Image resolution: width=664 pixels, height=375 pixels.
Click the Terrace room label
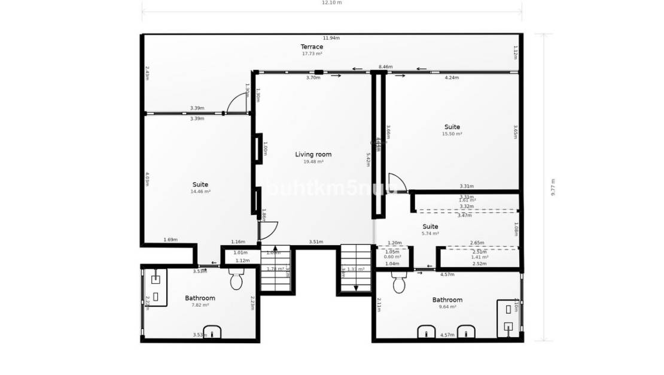(x=312, y=47)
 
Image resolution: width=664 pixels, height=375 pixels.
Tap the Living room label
(x=313, y=155)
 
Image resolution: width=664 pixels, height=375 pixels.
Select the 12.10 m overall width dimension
(x=331, y=2)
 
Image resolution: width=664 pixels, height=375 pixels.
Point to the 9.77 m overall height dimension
(x=553, y=187)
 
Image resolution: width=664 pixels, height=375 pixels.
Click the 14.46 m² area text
(x=200, y=192)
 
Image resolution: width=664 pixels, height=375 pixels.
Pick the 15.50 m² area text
(x=452, y=134)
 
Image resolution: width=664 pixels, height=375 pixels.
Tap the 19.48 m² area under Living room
(x=313, y=162)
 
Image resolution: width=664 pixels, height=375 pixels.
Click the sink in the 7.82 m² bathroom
(x=212, y=331)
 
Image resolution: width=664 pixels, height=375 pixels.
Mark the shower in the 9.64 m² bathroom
(x=508, y=317)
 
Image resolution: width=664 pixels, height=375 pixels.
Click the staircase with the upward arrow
(x=276, y=269)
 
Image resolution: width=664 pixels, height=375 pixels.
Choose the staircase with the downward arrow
(x=355, y=269)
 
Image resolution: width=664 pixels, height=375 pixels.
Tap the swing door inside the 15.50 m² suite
(x=397, y=183)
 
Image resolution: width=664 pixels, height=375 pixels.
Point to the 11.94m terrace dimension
(x=331, y=38)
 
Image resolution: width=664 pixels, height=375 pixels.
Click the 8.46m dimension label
(x=385, y=67)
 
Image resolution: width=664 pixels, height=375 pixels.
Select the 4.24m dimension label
(x=452, y=78)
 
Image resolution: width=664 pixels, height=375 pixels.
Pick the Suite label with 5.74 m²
(x=430, y=226)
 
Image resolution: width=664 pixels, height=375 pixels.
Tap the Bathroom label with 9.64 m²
(x=447, y=300)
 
